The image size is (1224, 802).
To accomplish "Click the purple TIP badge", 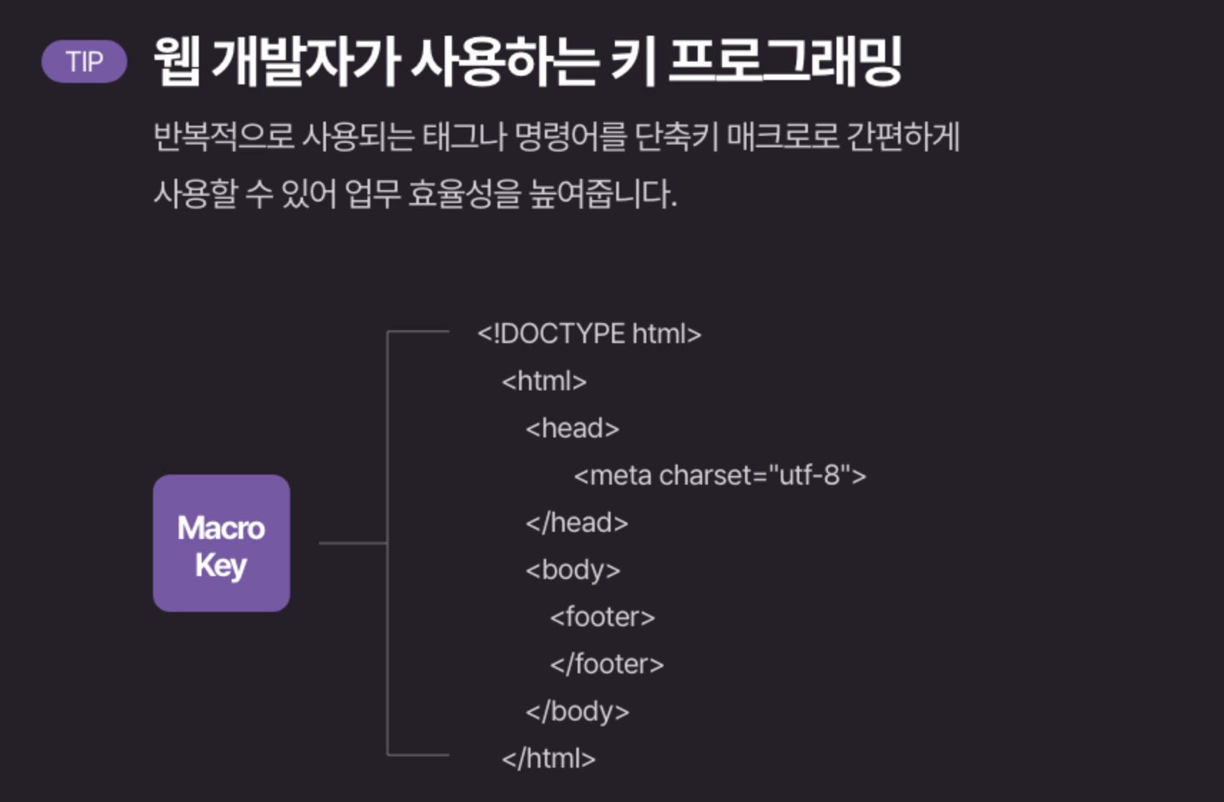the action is [x=84, y=62].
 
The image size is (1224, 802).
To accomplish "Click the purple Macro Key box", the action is [x=221, y=543].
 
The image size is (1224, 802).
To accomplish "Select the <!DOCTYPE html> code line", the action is [x=589, y=334].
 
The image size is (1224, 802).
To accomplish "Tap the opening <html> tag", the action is [x=544, y=381].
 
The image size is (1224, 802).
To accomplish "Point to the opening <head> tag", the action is [x=572, y=428].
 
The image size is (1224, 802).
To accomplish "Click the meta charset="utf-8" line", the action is [x=719, y=475].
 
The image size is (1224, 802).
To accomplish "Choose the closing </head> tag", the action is [x=576, y=523].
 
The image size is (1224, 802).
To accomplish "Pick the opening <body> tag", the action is [x=573, y=570].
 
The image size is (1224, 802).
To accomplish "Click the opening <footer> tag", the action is [x=602, y=617].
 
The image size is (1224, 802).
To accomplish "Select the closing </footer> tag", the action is [x=606, y=664].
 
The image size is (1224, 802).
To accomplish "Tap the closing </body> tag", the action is [x=577, y=711].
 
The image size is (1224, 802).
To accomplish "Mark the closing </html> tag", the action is [x=548, y=758].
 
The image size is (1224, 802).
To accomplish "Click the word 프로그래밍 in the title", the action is [x=784, y=62].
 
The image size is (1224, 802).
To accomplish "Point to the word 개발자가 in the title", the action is [x=305, y=62].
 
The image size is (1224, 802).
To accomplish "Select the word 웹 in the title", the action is [x=177, y=62].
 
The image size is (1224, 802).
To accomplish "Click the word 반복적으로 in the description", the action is [x=224, y=137].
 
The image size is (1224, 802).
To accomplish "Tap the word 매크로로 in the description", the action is [x=782, y=137].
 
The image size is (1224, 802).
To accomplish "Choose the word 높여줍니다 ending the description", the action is [x=602, y=194].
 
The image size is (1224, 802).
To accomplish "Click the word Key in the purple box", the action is [x=221, y=565].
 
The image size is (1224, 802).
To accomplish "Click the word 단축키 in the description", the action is [x=676, y=137].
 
